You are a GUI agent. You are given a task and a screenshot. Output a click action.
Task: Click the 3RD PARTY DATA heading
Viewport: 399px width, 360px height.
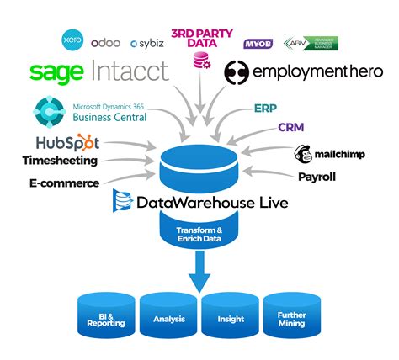tap(203, 36)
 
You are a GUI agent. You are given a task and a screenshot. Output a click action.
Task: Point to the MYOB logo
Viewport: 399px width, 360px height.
tap(258, 43)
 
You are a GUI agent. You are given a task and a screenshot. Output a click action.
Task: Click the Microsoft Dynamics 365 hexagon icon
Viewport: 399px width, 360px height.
tap(47, 110)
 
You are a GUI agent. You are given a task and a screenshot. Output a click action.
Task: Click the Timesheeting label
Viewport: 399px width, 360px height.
tap(61, 161)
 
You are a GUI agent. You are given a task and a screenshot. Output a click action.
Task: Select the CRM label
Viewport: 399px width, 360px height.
tap(291, 128)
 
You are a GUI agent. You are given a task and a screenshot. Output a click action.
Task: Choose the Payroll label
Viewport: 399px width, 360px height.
tap(318, 177)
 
